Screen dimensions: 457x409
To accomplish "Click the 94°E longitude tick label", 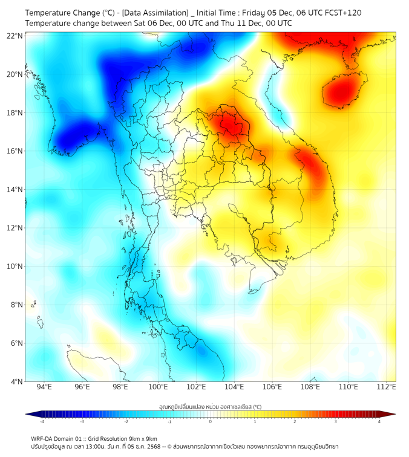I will click(x=44, y=387).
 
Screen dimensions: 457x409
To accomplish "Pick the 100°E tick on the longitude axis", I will click(x=159, y=387).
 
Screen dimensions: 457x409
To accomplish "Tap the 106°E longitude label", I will click(x=272, y=387).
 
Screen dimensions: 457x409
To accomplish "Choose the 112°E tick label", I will click(x=387, y=387).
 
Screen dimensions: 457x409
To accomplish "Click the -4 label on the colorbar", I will click(x=41, y=421).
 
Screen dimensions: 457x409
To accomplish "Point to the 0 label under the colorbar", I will click(x=211, y=421).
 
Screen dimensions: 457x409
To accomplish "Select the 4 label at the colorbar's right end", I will click(x=379, y=421).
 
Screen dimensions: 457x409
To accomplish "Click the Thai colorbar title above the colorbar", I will click(x=210, y=407).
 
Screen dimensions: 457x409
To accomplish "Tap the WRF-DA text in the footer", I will click(x=42, y=438).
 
